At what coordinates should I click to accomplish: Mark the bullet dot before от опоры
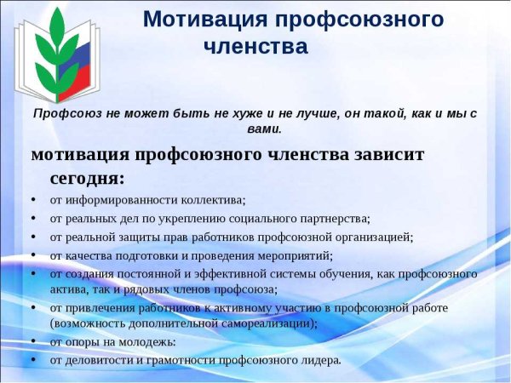click(32, 341)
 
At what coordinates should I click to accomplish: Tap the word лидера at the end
click(322, 360)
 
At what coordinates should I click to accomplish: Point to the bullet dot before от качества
click(32, 254)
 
